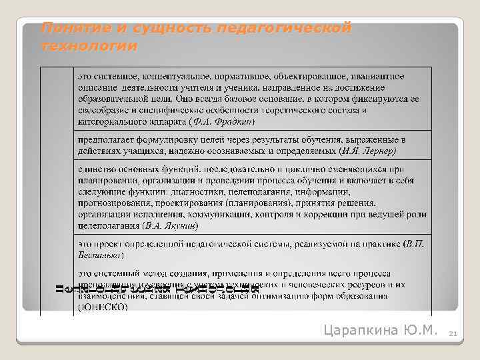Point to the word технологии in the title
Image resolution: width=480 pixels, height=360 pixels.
(x=89, y=47)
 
